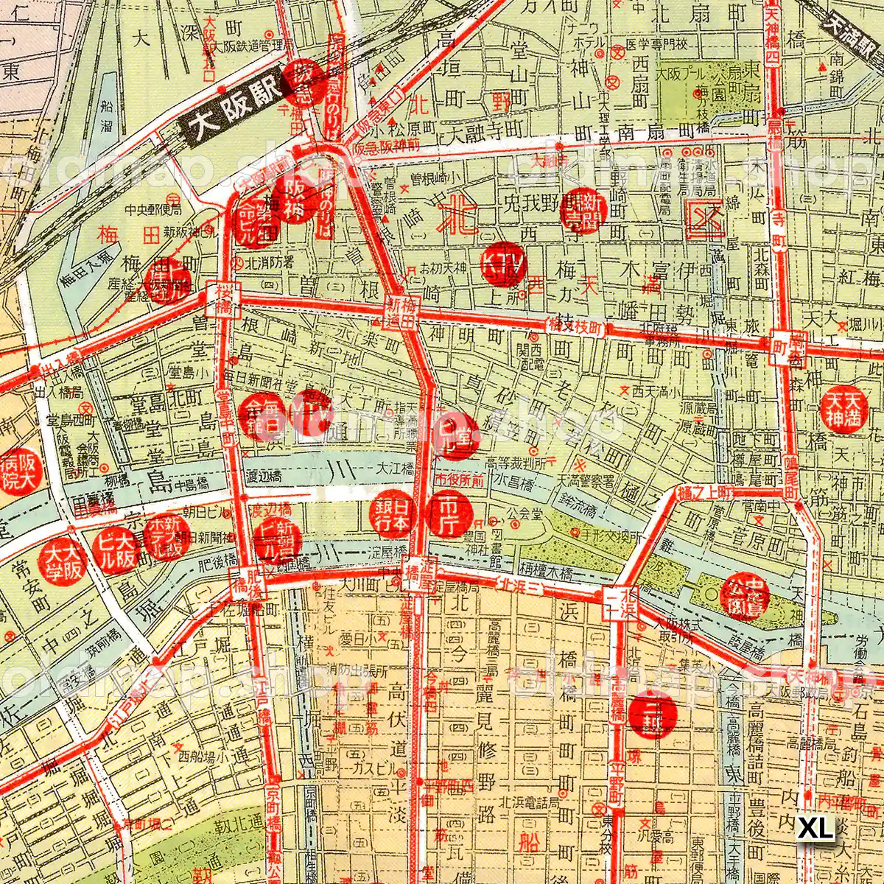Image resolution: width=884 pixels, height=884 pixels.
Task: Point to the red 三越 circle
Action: (653, 714)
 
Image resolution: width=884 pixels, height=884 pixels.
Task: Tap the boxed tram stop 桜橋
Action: (224, 299)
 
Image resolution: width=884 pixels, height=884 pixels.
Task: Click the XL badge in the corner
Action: (816, 827)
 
